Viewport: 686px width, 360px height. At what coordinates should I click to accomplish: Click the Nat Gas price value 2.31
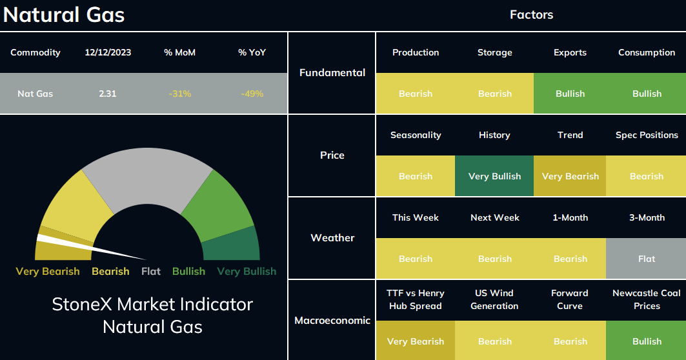(x=108, y=94)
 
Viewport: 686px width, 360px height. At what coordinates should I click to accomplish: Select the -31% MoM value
(x=180, y=94)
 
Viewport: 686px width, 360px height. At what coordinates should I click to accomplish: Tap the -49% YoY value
(x=252, y=94)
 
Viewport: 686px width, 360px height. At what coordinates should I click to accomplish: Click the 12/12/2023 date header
(x=108, y=52)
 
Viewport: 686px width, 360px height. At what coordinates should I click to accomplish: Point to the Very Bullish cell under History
(x=494, y=176)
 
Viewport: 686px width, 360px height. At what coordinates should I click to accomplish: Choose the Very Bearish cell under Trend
(x=570, y=176)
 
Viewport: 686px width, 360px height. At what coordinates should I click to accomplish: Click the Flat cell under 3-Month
(x=646, y=259)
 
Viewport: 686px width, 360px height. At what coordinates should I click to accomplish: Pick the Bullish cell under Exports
(x=570, y=93)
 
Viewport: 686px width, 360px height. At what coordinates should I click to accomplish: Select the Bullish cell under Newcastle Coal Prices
(x=646, y=341)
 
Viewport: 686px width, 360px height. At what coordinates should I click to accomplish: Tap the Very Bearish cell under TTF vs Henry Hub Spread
(x=416, y=341)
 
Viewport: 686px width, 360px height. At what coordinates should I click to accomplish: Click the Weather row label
(x=332, y=238)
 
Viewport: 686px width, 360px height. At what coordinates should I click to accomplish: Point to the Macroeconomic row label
(x=332, y=321)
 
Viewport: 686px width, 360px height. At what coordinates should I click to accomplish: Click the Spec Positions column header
(x=647, y=135)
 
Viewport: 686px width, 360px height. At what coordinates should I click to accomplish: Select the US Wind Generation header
(x=494, y=299)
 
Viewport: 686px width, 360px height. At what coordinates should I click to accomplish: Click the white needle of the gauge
(x=91, y=247)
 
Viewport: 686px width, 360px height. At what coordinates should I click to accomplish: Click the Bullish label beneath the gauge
(x=188, y=271)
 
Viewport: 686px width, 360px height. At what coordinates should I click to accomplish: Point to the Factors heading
(x=532, y=15)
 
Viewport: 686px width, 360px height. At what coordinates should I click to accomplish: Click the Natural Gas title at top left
(x=64, y=14)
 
